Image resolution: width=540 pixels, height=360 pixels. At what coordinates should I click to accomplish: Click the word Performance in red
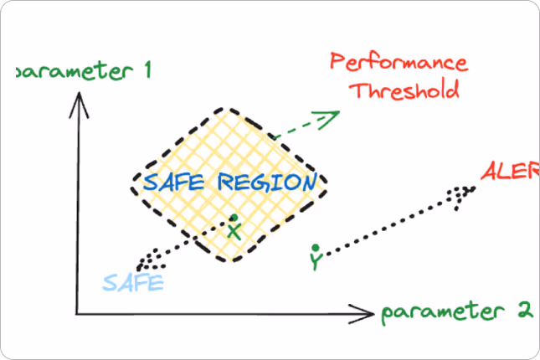coord(399,63)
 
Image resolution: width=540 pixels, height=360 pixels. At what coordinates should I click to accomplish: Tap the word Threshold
coord(405,90)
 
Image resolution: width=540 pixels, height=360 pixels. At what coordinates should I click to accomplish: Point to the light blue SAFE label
coord(133,282)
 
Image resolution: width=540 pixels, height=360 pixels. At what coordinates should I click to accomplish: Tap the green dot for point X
coord(234,219)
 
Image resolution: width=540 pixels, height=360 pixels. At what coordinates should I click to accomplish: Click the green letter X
coord(235,232)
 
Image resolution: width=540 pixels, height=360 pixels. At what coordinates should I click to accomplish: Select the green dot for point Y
coord(315,248)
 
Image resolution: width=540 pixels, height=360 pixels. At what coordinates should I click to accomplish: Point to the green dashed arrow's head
coord(333,115)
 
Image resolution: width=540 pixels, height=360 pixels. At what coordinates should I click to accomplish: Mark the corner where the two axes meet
coord(77,314)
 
